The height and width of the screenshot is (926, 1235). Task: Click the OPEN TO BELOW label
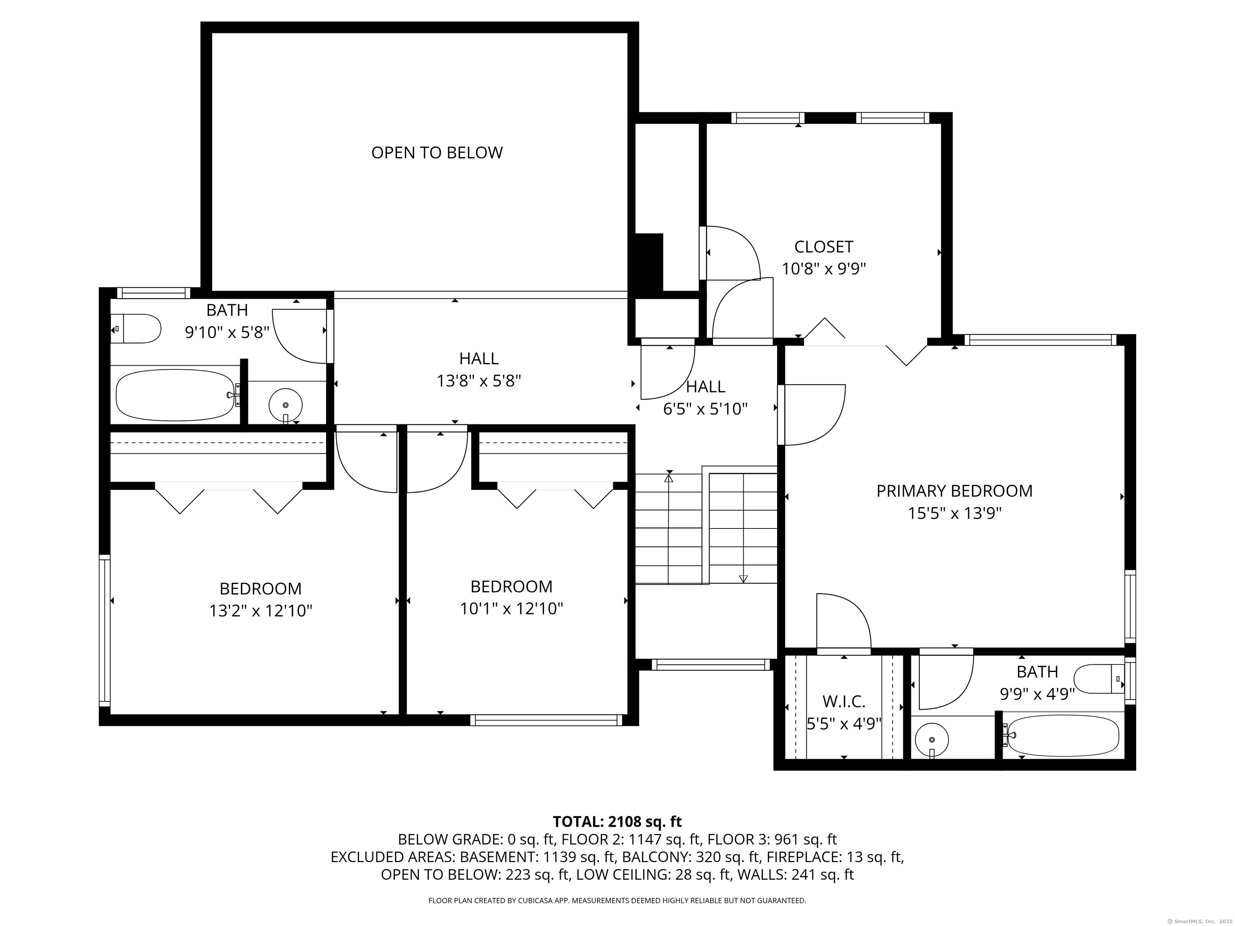437,152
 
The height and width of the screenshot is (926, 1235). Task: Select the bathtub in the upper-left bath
175,395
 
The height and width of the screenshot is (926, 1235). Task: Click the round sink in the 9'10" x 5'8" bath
285,404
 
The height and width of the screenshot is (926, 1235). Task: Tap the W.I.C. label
843,701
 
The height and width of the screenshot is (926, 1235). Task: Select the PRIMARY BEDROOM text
954,491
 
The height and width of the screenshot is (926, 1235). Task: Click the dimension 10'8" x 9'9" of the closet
823,269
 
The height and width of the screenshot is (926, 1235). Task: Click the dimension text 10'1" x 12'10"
511,608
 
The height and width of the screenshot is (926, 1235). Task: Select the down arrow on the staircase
743,578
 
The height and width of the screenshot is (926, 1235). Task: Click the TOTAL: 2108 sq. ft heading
617,822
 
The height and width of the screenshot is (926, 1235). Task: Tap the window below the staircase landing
710,664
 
